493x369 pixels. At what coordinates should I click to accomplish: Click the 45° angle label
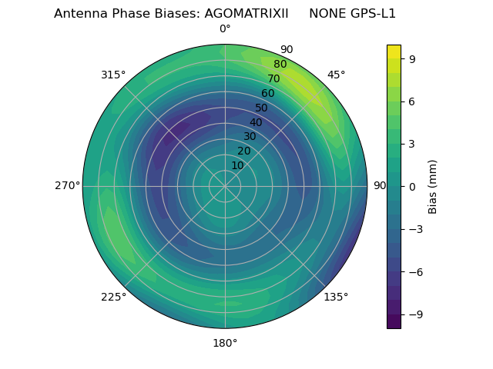(x=336, y=75)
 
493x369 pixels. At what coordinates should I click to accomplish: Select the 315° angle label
(x=113, y=75)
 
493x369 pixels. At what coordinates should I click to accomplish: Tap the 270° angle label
(x=67, y=186)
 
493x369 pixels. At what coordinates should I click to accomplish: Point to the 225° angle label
(x=113, y=298)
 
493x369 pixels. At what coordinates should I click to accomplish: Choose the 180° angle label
(x=225, y=343)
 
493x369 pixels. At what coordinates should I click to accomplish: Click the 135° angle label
(x=336, y=298)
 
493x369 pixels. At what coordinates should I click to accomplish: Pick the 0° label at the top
(x=225, y=29)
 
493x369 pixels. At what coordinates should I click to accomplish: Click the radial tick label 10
(x=237, y=165)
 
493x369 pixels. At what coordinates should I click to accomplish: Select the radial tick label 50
(x=261, y=108)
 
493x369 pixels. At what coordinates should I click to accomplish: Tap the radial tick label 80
(x=280, y=65)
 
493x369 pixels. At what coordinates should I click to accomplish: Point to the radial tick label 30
(x=250, y=137)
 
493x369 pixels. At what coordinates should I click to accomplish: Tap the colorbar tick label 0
(x=413, y=186)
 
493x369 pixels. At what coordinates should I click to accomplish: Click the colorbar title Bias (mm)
(x=433, y=186)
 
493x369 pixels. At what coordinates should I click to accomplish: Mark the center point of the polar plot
(x=225, y=186)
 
